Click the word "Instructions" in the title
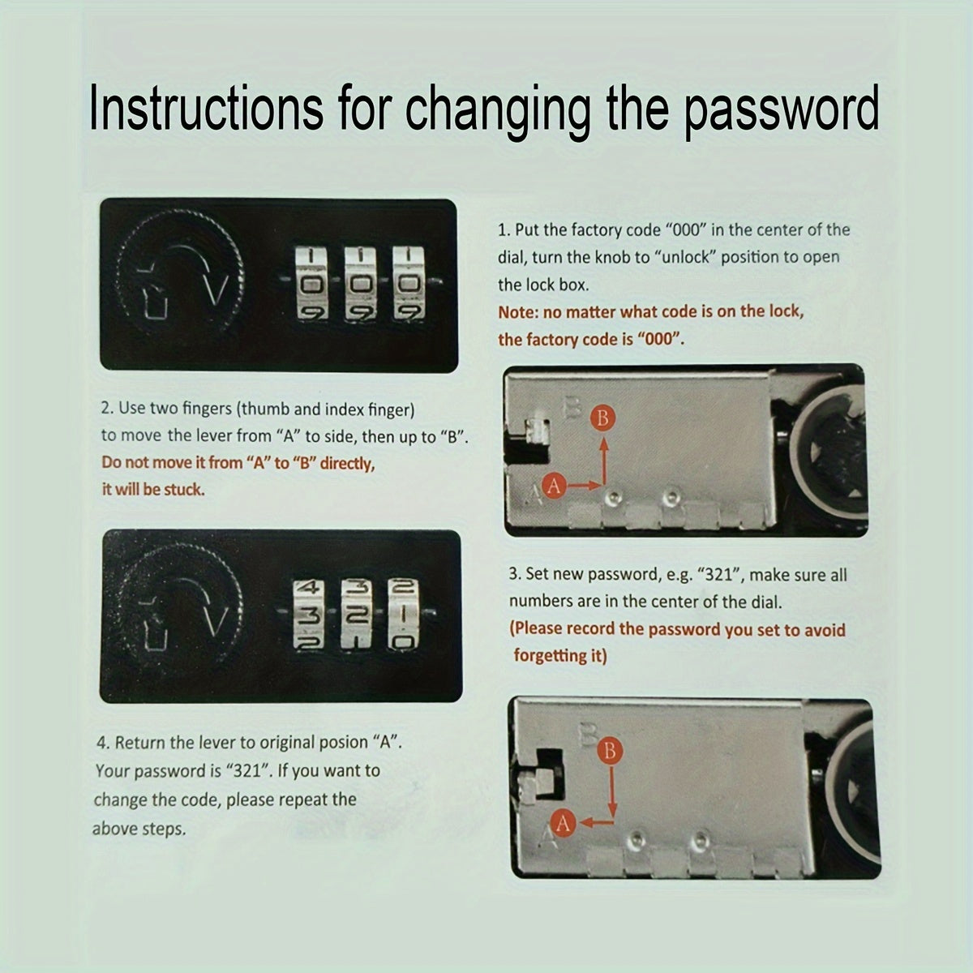tap(206, 108)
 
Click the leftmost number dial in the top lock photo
tap(311, 283)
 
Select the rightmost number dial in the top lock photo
tap(409, 283)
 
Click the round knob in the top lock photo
tap(180, 275)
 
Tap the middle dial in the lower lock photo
tap(357, 614)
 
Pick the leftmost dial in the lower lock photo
tap(310, 614)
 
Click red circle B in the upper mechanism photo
tap(603, 418)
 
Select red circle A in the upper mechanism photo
tap(555, 486)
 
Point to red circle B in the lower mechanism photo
tap(610, 752)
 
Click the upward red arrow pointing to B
tap(604, 461)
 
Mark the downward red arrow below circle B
tap(612, 791)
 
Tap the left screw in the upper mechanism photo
tap(612, 499)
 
